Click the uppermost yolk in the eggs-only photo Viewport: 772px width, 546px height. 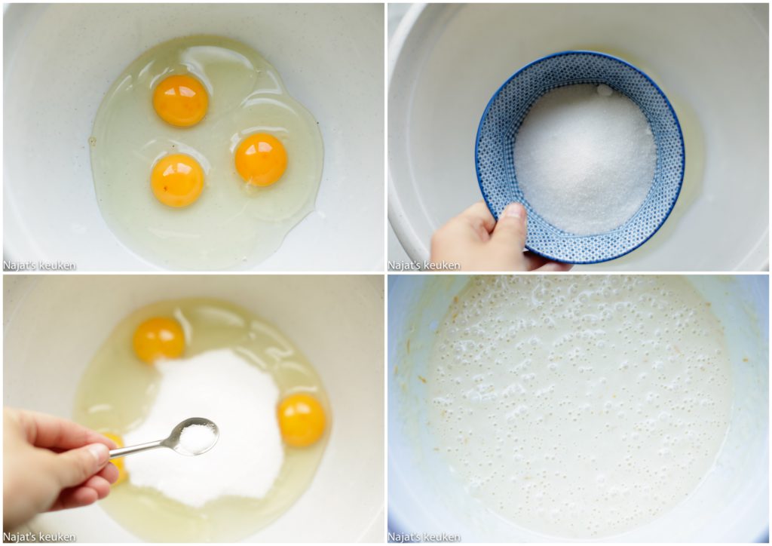tap(180, 100)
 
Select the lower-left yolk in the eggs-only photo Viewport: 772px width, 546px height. tap(177, 179)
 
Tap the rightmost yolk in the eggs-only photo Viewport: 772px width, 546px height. tap(261, 159)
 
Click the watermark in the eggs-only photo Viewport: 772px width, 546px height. tap(39, 265)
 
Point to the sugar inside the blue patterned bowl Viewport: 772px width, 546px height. tap(585, 159)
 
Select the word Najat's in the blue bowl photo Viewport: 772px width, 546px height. tap(405, 265)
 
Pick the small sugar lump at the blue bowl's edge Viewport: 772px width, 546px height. tap(605, 90)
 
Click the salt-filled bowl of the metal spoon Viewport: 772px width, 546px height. tap(198, 437)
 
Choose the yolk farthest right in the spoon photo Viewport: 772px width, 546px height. tap(302, 419)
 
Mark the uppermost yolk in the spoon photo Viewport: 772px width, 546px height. tap(158, 339)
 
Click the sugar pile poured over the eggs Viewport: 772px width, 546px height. tap(207, 423)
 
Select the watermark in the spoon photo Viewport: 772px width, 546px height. tap(39, 536)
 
